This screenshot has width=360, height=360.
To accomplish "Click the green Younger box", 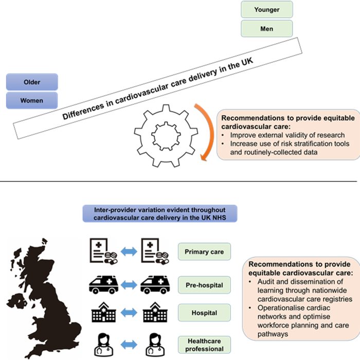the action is tap(267, 9).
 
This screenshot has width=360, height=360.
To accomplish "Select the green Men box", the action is tap(267, 29).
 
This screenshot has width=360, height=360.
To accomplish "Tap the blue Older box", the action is tap(32, 82).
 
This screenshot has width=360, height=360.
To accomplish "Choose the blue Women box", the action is tap(32, 100).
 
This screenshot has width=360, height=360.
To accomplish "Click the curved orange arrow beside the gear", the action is tap(210, 131).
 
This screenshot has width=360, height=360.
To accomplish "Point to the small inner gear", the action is tap(166, 136).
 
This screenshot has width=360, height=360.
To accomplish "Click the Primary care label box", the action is tap(204, 251).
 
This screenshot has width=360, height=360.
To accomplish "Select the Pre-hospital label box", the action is tap(204, 285).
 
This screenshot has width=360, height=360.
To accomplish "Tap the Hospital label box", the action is tap(204, 313).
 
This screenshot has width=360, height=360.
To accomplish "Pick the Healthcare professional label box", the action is tap(204, 345).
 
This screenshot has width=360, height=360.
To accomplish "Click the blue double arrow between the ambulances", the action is tap(129, 285).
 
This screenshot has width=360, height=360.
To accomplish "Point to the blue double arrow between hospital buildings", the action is tap(129, 313).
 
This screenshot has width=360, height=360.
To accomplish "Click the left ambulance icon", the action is tap(103, 285).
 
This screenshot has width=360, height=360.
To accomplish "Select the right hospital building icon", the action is tap(155, 312).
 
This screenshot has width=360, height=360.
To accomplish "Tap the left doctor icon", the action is tap(104, 345).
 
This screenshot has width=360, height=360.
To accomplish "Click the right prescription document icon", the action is tap(155, 251).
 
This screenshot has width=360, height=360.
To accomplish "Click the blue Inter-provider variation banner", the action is tap(160, 213).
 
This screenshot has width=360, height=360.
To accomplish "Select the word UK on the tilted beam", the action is tap(247, 62).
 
